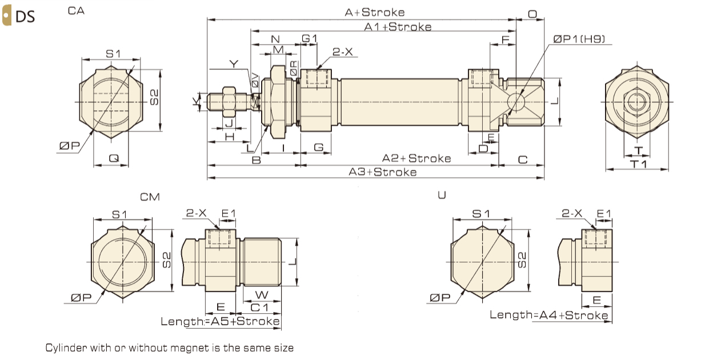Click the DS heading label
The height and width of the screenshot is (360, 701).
tap(25, 17)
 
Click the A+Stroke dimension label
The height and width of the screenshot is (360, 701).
tap(375, 12)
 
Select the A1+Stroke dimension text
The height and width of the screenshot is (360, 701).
tap(398, 27)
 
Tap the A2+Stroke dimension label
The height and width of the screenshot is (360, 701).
tap(416, 158)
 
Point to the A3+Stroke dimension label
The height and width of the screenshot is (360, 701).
tap(383, 172)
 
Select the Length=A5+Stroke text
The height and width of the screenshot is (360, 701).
tap(221, 321)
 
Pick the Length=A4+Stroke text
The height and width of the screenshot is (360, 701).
tap(548, 315)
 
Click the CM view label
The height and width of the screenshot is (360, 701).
tap(150, 197)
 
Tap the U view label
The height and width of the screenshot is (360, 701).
tap(441, 195)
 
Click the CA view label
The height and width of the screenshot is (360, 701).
tap(76, 11)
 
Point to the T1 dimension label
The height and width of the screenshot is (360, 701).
tap(638, 164)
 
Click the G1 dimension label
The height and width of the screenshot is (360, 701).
tap(310, 38)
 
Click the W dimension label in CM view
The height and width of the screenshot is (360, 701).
tap(261, 295)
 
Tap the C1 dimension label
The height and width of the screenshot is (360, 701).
tap(260, 307)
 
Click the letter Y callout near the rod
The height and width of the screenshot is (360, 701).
tap(232, 63)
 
